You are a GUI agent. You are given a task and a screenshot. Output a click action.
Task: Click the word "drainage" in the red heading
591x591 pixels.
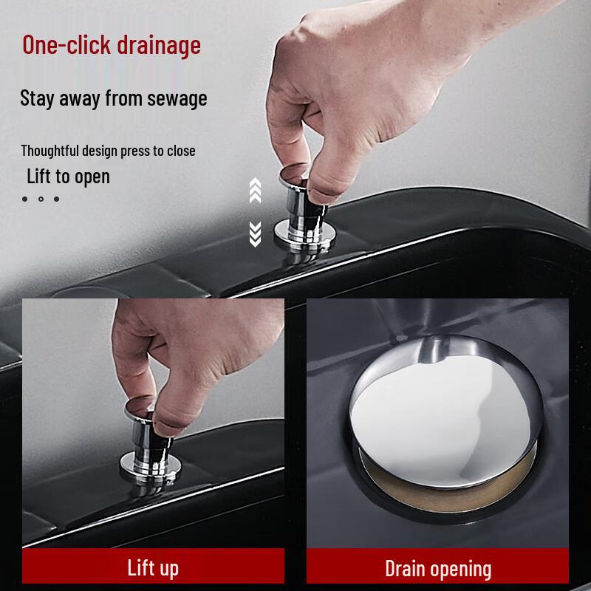click(159, 46)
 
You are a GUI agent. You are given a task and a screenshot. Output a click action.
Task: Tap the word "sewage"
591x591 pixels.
click(177, 99)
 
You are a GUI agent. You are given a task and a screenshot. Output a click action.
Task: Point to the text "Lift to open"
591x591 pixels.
click(68, 177)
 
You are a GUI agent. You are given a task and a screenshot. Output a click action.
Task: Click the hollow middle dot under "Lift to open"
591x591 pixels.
click(41, 199)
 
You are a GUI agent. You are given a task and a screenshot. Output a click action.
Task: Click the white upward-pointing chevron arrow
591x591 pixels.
click(255, 190)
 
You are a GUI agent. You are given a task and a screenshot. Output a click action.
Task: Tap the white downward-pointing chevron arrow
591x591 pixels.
click(255, 234)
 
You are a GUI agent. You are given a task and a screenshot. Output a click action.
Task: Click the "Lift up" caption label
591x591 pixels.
click(153, 568)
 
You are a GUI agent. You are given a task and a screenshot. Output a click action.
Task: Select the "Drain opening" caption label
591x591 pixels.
click(438, 569)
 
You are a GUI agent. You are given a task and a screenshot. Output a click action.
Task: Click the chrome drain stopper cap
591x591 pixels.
click(445, 411)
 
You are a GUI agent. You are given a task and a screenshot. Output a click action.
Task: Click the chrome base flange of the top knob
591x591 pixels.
click(304, 233)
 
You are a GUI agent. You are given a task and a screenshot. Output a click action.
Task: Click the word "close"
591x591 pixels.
click(181, 151)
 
